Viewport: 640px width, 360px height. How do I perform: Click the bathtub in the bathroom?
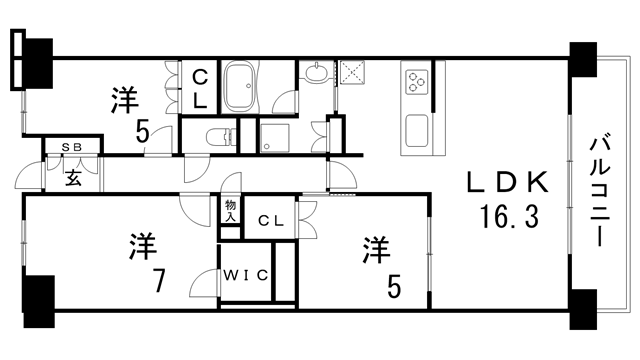(240, 89)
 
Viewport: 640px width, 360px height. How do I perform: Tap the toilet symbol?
(213, 138)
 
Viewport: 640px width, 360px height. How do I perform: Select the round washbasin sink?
(316, 73)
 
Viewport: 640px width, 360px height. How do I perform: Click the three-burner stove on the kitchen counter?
(415, 79)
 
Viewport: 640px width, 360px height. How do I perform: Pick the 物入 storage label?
(230, 210)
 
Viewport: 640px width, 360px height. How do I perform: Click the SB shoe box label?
(73, 148)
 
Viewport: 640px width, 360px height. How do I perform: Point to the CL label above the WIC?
(269, 221)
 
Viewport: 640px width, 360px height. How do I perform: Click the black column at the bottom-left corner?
(37, 297)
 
